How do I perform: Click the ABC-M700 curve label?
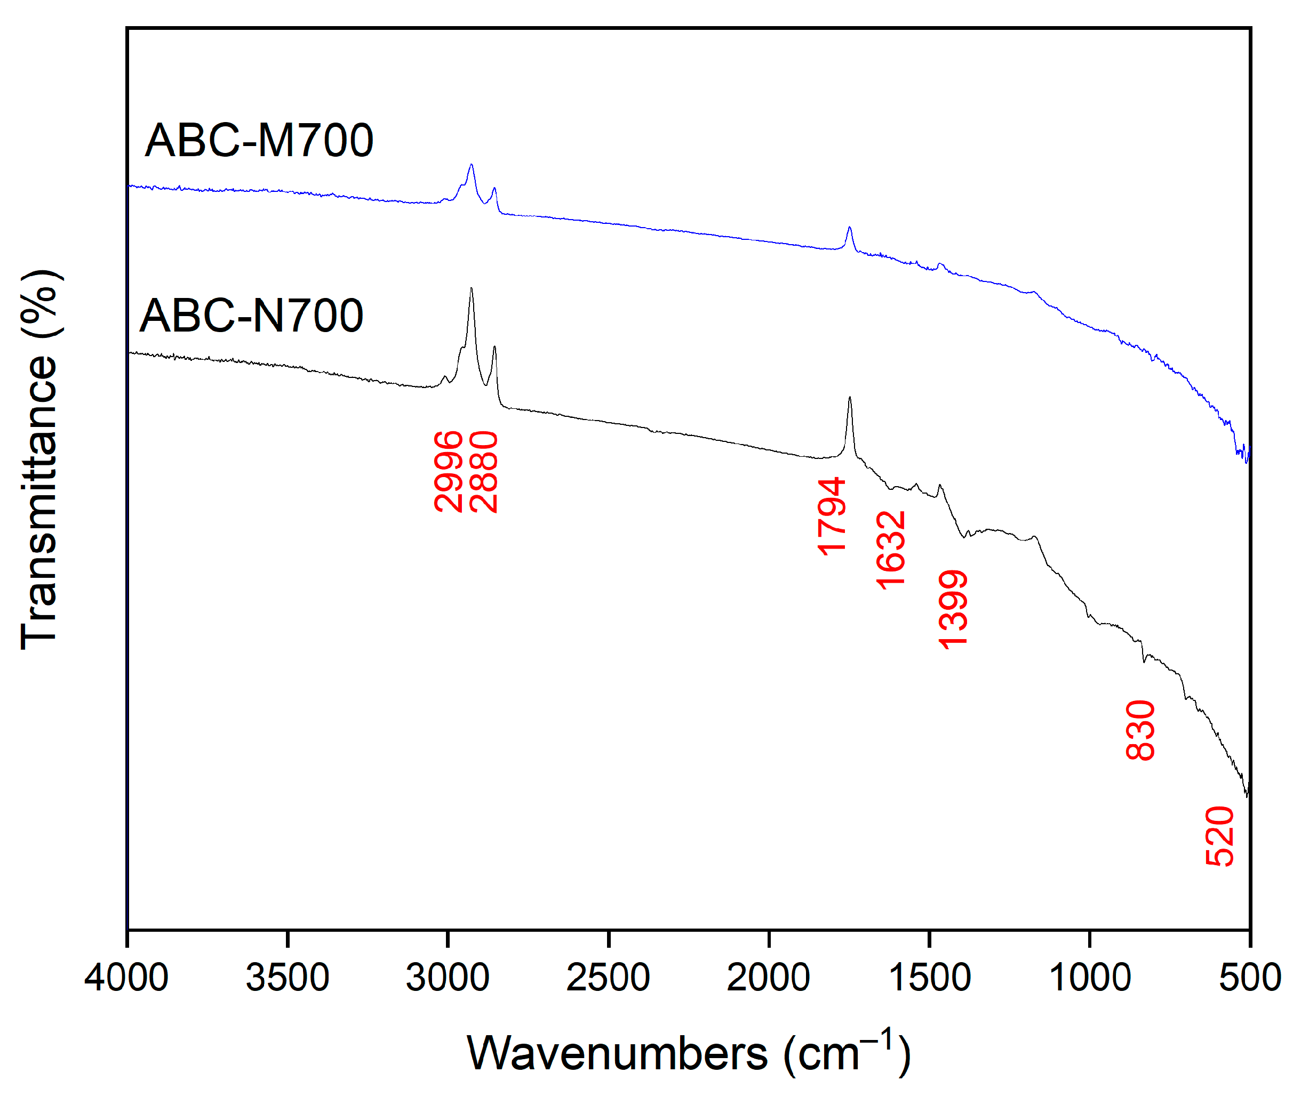click(x=259, y=140)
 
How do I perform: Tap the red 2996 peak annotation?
click(x=448, y=472)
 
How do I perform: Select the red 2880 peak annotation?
click(x=483, y=472)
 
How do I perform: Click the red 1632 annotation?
click(x=890, y=551)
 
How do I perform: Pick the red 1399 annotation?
click(x=953, y=609)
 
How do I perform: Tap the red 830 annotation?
click(x=1140, y=730)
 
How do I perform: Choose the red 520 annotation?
click(x=1219, y=836)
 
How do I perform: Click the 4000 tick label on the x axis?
click(x=126, y=978)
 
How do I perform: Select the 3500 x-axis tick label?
click(x=287, y=978)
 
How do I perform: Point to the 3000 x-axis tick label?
click(x=448, y=978)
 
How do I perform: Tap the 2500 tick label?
click(x=608, y=978)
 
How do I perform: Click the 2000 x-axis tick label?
click(x=768, y=978)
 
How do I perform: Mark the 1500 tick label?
click(x=929, y=978)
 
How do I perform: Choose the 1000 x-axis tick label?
click(x=1090, y=978)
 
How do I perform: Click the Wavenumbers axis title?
click(x=688, y=1055)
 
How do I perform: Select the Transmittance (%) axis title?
click(x=39, y=461)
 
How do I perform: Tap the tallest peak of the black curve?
click(x=471, y=289)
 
